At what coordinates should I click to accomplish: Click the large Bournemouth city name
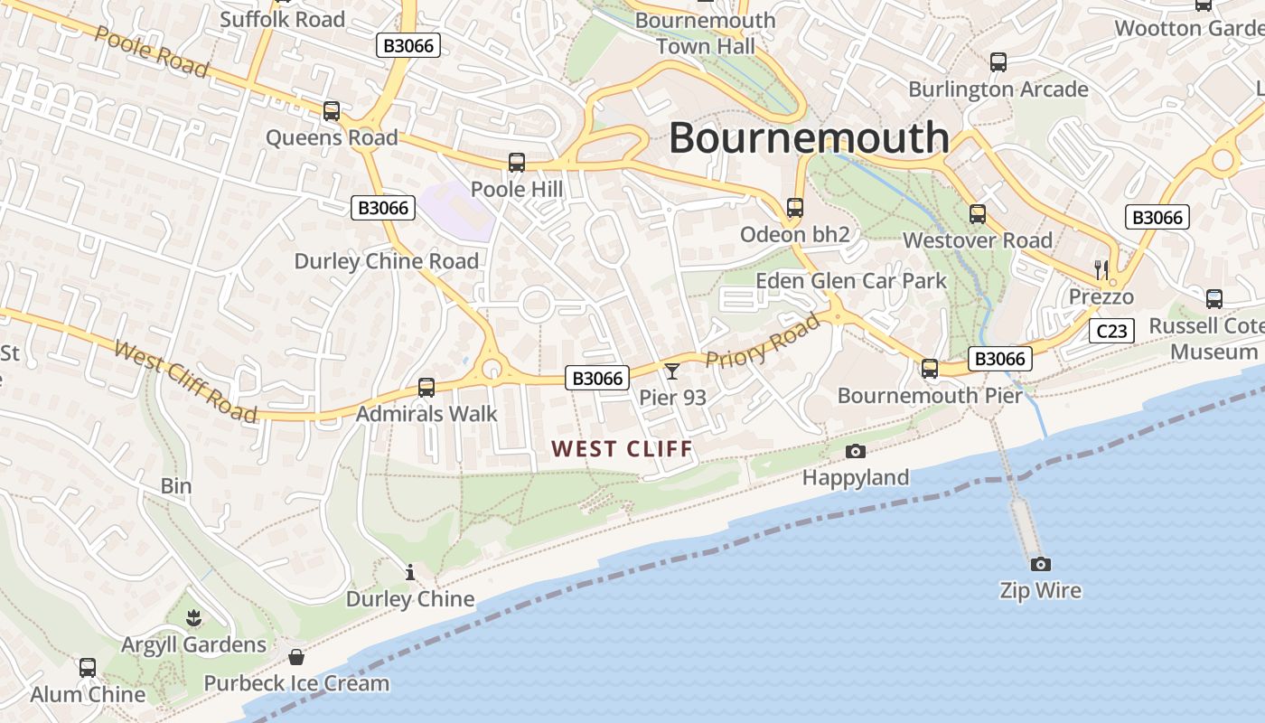pos(809,138)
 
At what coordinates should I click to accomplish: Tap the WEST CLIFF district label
pos(622,448)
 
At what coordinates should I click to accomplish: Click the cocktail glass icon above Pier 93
pos(671,371)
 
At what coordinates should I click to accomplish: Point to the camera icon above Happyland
pos(855,451)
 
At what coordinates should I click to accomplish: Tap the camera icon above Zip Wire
pos(1041,564)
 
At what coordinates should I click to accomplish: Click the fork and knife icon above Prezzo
pos(1101,269)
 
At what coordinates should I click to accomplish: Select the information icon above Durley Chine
pos(410,572)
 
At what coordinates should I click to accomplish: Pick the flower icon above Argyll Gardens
pos(193,618)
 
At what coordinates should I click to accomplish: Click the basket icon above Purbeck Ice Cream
pos(295,656)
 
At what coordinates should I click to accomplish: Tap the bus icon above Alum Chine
pos(88,668)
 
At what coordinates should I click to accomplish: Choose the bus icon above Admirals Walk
pos(426,388)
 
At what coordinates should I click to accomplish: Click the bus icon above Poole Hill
pos(517,163)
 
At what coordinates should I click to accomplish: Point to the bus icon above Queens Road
pos(332,111)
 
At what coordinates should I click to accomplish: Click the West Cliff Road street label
pos(185,380)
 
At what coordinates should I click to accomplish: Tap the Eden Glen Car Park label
pos(850,281)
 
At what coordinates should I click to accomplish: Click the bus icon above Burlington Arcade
pos(998,62)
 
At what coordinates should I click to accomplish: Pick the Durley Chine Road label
pos(386,261)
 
